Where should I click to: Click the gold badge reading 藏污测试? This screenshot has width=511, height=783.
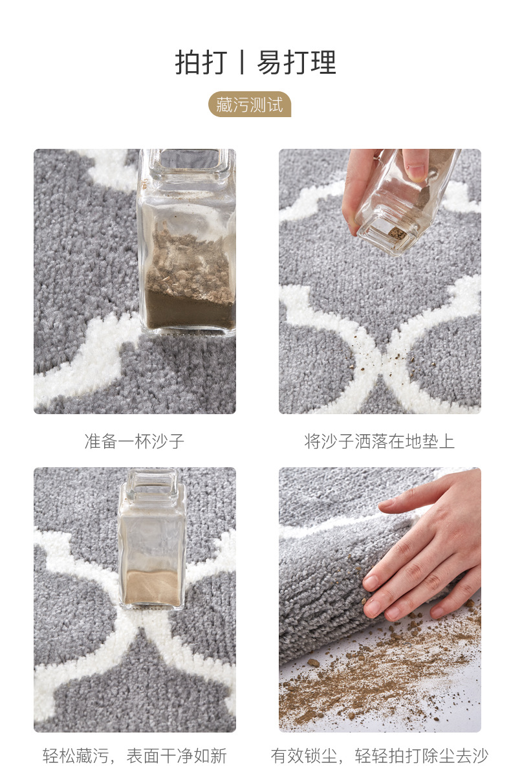(x=250, y=105)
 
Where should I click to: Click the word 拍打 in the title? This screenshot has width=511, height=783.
(x=201, y=63)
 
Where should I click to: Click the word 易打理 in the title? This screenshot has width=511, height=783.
(x=297, y=63)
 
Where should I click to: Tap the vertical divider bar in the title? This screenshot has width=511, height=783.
(x=243, y=63)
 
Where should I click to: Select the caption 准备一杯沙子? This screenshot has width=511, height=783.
(x=135, y=442)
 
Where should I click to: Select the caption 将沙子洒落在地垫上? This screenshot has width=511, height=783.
(x=380, y=442)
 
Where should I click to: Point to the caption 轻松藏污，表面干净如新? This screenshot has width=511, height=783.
(x=135, y=755)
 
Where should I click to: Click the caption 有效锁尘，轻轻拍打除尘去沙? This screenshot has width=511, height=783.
(x=380, y=755)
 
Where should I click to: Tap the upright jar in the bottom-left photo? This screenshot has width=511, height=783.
(x=151, y=544)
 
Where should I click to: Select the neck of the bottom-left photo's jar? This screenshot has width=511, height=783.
(x=151, y=482)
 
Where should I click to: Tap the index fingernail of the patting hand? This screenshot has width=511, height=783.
(x=371, y=582)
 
